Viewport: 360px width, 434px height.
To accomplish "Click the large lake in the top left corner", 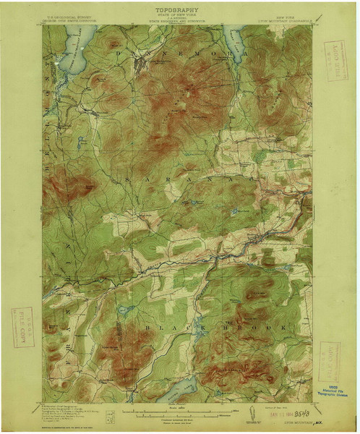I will [65, 52].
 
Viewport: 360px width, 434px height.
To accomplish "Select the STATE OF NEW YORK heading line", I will [177, 17].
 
